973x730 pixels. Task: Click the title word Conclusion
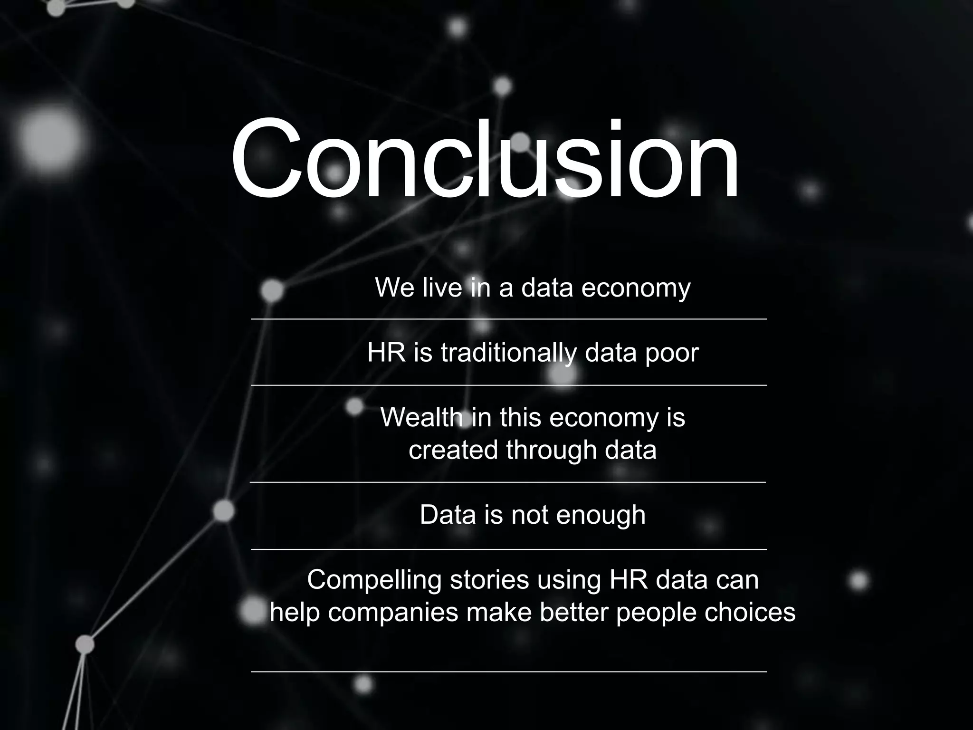pos(485,159)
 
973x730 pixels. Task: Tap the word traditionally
pos(509,353)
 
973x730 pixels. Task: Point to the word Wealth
pos(421,418)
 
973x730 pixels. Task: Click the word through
pos(551,450)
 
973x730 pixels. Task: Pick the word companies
pos(393,613)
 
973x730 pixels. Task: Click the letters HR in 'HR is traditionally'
pos(386,353)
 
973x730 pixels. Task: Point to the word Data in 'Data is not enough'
pos(448,515)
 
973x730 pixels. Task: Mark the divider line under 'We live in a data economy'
pos(508,319)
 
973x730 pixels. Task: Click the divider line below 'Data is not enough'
pos(508,549)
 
